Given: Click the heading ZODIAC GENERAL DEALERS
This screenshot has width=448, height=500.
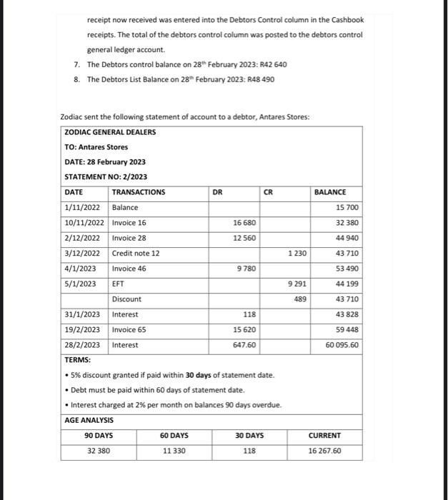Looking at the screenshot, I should [x=110, y=132].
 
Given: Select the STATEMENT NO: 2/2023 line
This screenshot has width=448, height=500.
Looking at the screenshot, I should [x=106, y=176].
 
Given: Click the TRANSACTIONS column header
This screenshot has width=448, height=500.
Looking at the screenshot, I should [x=139, y=192].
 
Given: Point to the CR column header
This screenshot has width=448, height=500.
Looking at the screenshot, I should [x=268, y=192].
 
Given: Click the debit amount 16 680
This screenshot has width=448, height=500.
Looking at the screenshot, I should [x=244, y=223].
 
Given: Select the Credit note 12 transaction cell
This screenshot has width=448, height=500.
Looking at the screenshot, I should [x=136, y=254].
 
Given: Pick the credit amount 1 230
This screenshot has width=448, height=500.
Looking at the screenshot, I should [x=297, y=254].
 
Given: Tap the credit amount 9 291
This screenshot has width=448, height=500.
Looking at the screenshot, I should [x=297, y=284].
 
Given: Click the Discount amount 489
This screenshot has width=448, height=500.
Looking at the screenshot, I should [x=300, y=299].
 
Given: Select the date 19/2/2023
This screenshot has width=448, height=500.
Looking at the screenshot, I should [x=81, y=330].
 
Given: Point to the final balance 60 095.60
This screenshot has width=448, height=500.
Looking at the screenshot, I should [x=342, y=345].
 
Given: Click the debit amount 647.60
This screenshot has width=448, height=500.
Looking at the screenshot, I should [x=244, y=345].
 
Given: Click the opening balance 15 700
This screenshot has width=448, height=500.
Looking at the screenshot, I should [x=347, y=208].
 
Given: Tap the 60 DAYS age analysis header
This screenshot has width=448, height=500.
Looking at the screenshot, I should [x=174, y=436].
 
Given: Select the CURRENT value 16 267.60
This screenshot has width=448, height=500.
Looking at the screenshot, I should [x=324, y=451].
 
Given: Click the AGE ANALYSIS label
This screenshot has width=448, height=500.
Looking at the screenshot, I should [x=89, y=421].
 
